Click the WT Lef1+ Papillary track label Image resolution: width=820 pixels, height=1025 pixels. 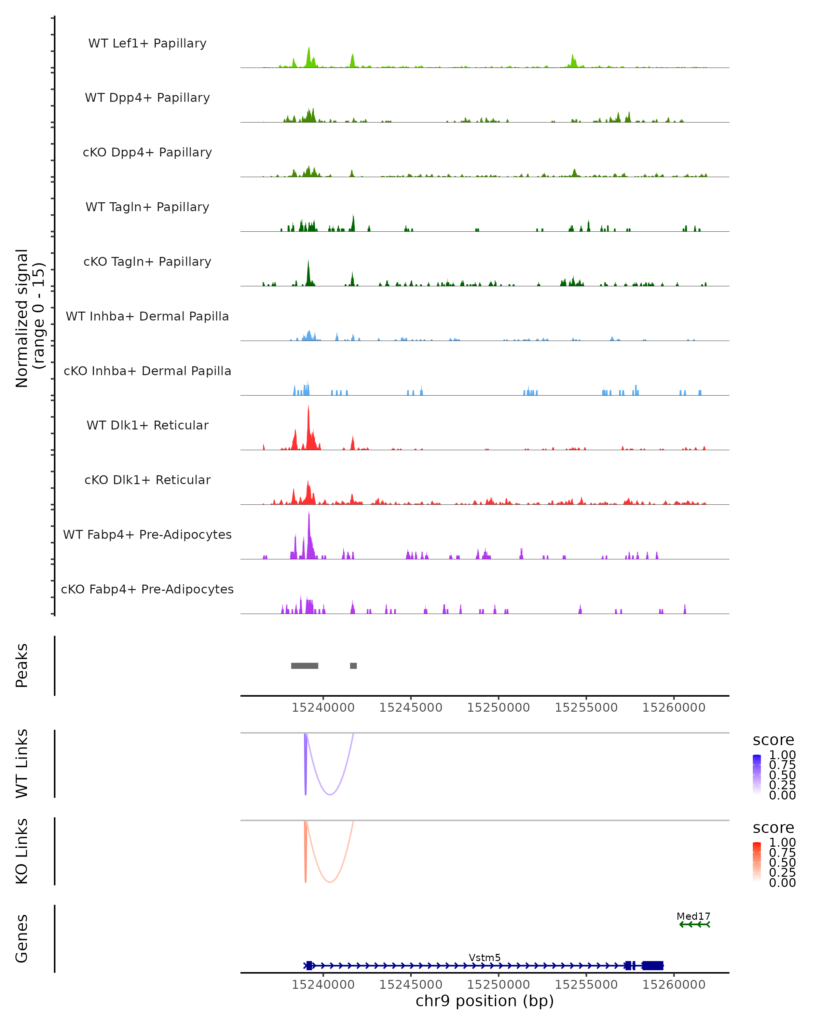tap(147, 43)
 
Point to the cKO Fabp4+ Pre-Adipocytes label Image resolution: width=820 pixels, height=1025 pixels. tap(147, 589)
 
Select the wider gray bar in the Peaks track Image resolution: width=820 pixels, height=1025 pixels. tap(305, 666)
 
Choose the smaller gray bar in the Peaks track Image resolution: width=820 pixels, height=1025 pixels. tap(353, 666)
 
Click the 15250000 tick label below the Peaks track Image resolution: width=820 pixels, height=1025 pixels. tap(498, 708)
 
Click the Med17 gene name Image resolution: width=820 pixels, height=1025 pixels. tap(693, 916)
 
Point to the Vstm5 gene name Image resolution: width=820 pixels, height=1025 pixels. tap(484, 957)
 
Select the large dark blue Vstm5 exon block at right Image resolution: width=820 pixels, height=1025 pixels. tap(653, 966)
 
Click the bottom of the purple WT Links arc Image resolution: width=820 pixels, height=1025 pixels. tap(330, 794)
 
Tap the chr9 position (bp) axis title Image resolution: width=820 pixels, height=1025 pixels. tap(484, 1001)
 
